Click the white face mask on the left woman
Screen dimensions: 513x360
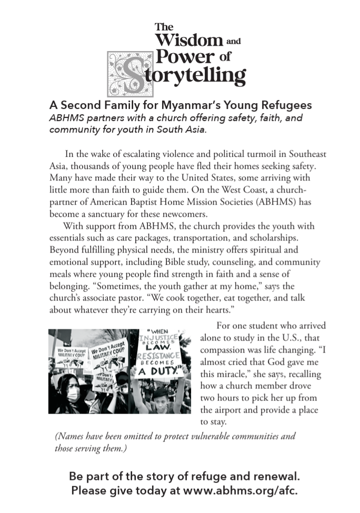[x=73, y=394]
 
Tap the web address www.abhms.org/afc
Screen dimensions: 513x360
[x=241, y=491]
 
